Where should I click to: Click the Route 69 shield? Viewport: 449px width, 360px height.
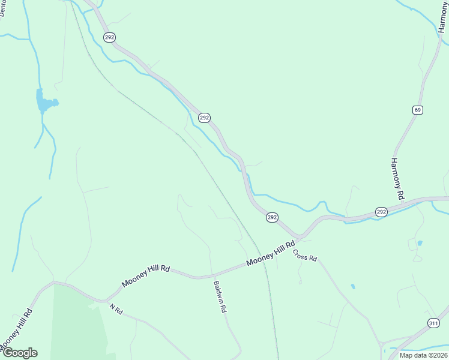pos(418,109)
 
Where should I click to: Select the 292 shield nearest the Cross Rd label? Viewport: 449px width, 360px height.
pos(272,217)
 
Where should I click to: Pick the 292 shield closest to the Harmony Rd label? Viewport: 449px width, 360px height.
pos(382,212)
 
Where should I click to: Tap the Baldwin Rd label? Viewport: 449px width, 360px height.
pos(219,298)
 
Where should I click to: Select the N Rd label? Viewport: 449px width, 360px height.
pos(116,309)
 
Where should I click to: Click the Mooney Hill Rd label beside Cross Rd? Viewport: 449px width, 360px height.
pos(271,253)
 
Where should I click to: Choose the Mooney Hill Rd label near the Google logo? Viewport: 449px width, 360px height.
pos(16,331)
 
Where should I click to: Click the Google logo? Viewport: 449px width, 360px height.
pos(19,353)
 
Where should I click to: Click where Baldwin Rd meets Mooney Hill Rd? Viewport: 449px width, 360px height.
pos(211,277)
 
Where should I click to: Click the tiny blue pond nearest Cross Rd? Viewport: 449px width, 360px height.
pos(353,286)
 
